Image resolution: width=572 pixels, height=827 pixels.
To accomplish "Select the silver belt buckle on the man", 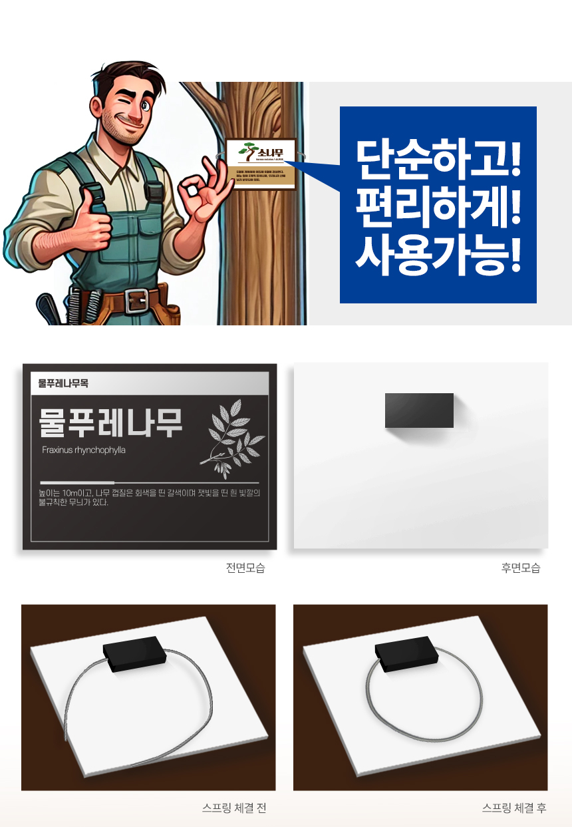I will [136, 301].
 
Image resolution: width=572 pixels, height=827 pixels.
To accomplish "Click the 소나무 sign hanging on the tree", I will [261, 164].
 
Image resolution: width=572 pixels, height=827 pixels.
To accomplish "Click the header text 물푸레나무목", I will [63, 383].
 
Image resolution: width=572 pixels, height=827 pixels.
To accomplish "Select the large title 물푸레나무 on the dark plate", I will [110, 423].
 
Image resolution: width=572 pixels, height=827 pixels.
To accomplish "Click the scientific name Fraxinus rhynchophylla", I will [83, 450].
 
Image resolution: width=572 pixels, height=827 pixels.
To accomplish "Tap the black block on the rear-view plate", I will [419, 410].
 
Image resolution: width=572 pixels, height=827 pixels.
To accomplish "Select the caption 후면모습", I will [521, 568].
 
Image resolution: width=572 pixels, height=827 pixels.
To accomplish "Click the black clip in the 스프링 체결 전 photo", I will [134, 655].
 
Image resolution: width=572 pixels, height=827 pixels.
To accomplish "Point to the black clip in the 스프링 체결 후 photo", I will [406, 655].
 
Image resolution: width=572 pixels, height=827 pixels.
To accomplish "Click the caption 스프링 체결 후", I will [514, 808].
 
